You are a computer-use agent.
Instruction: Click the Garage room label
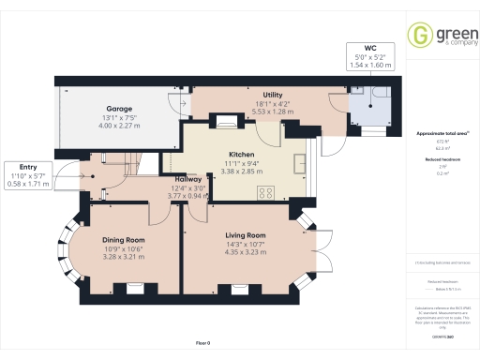118,108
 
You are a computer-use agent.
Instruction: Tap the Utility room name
274,95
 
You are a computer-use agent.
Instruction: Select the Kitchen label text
242,154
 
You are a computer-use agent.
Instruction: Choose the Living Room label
246,235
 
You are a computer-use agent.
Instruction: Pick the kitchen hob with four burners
265,194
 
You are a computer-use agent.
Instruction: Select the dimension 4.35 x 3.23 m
246,252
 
